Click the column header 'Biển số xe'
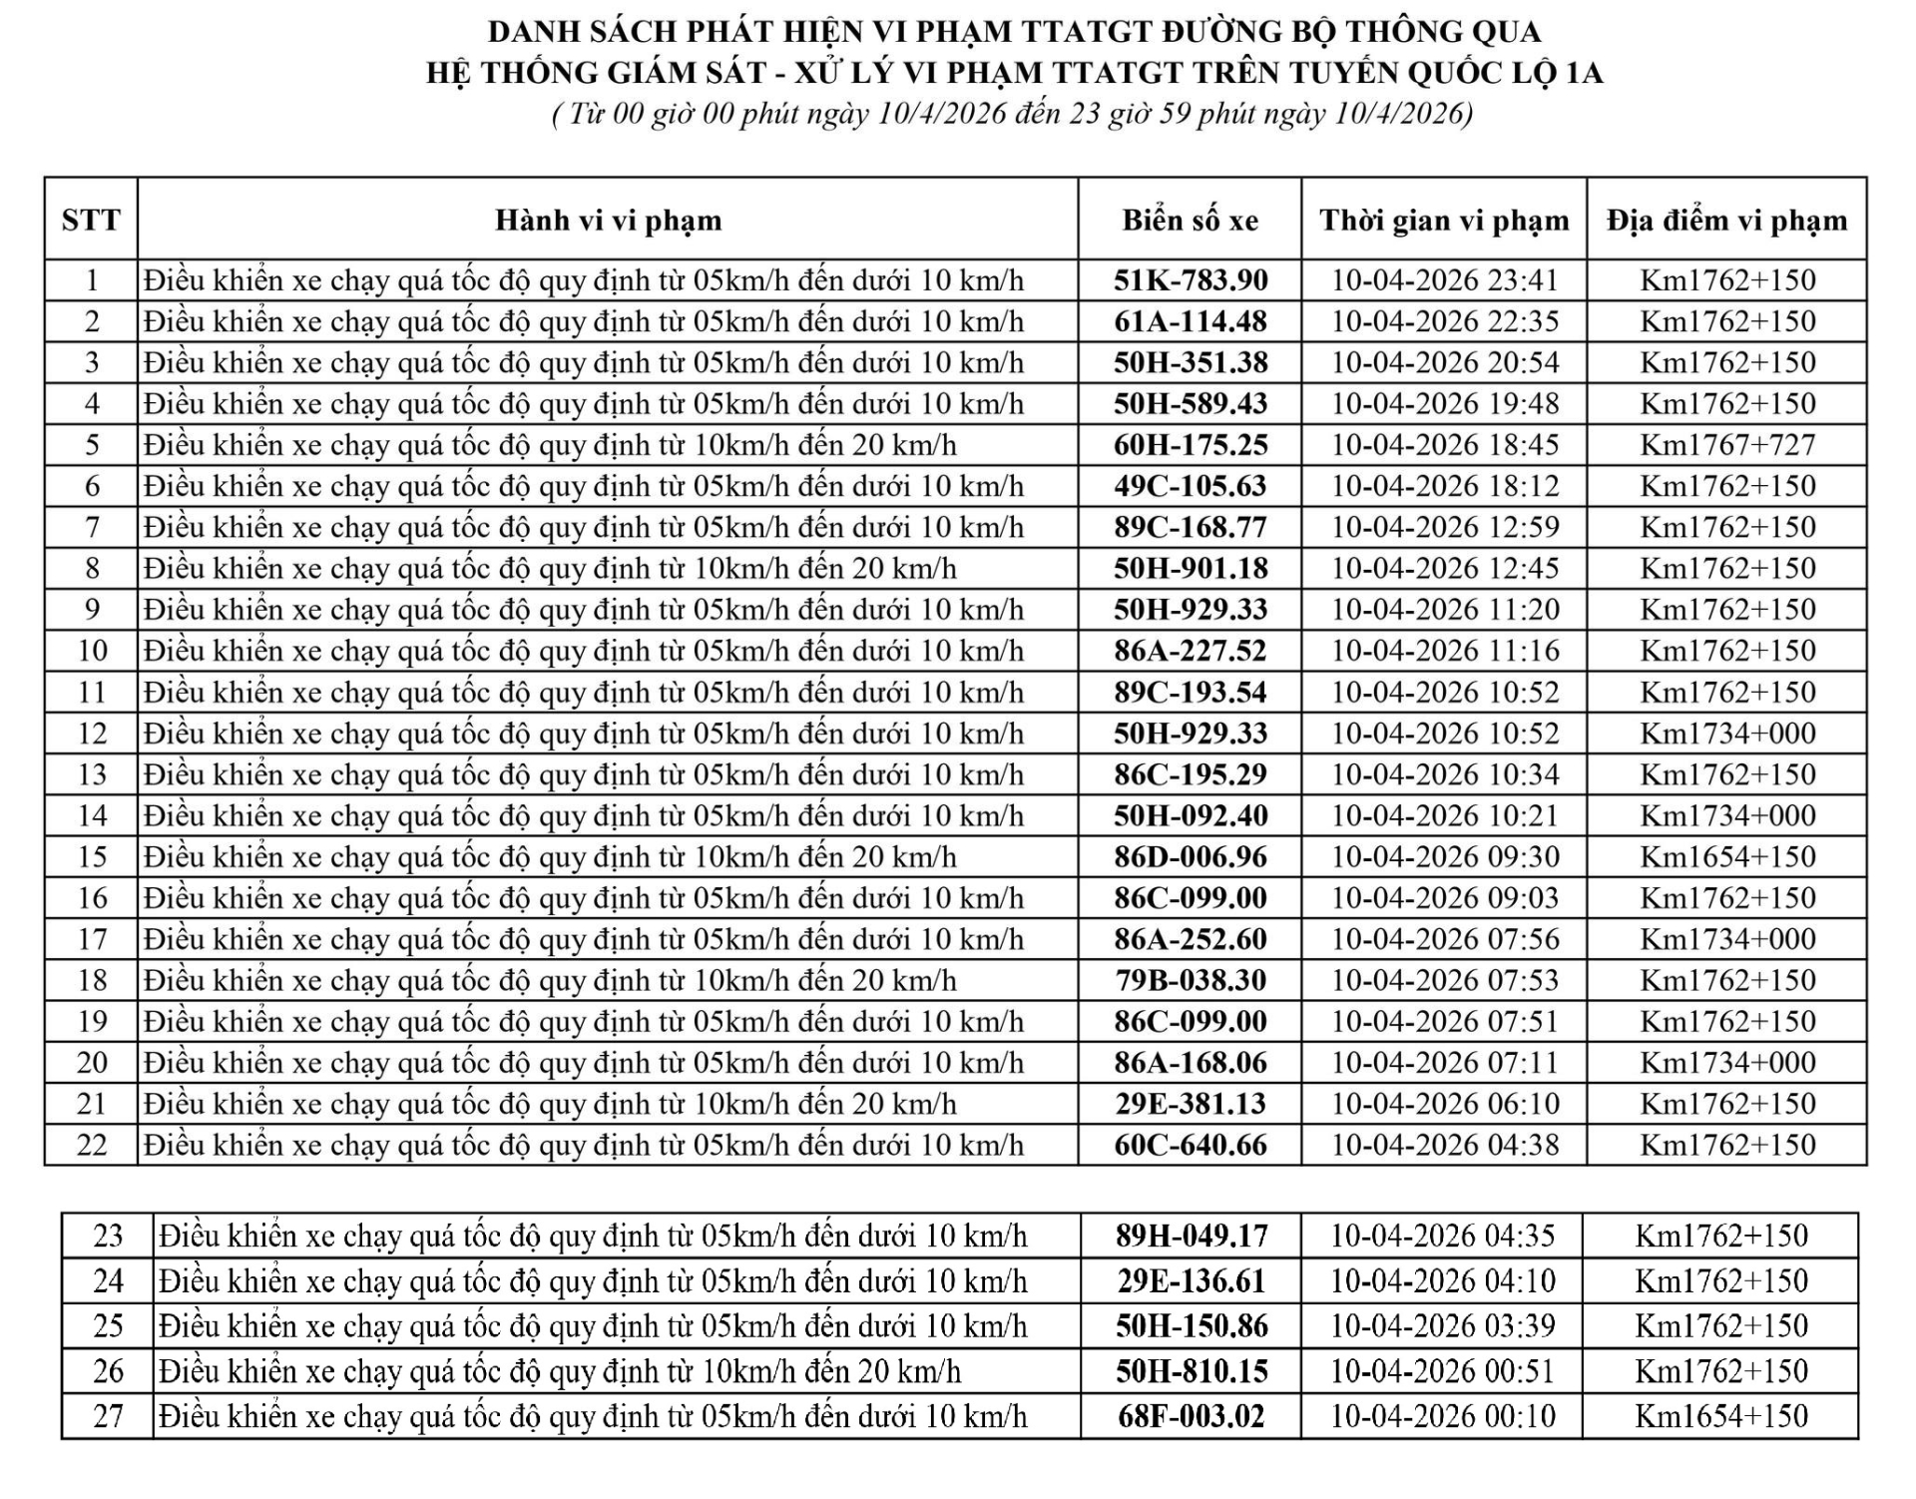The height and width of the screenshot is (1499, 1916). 1190,221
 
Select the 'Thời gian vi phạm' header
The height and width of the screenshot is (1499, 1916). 1444,221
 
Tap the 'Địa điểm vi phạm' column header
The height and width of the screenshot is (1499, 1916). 1726,221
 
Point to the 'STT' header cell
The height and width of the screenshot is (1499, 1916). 91,221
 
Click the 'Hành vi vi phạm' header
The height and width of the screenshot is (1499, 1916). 608,221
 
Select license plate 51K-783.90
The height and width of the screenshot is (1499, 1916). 1191,280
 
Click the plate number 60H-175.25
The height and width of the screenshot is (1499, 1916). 1191,445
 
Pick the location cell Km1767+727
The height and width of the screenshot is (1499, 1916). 1727,445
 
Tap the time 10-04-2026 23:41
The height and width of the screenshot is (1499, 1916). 1445,280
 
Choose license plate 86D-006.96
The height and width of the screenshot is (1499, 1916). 1191,857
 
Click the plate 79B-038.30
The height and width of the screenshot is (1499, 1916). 1191,981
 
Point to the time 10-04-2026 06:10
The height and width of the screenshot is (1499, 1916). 1445,1105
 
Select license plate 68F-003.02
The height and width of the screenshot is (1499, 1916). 1192,1417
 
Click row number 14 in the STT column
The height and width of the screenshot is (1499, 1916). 92,816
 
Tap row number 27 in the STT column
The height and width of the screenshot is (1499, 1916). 108,1417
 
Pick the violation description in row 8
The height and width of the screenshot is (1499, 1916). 550,569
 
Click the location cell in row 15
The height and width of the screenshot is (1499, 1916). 1727,857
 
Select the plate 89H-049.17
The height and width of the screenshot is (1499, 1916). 1192,1237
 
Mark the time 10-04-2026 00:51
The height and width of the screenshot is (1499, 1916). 1443,1372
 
